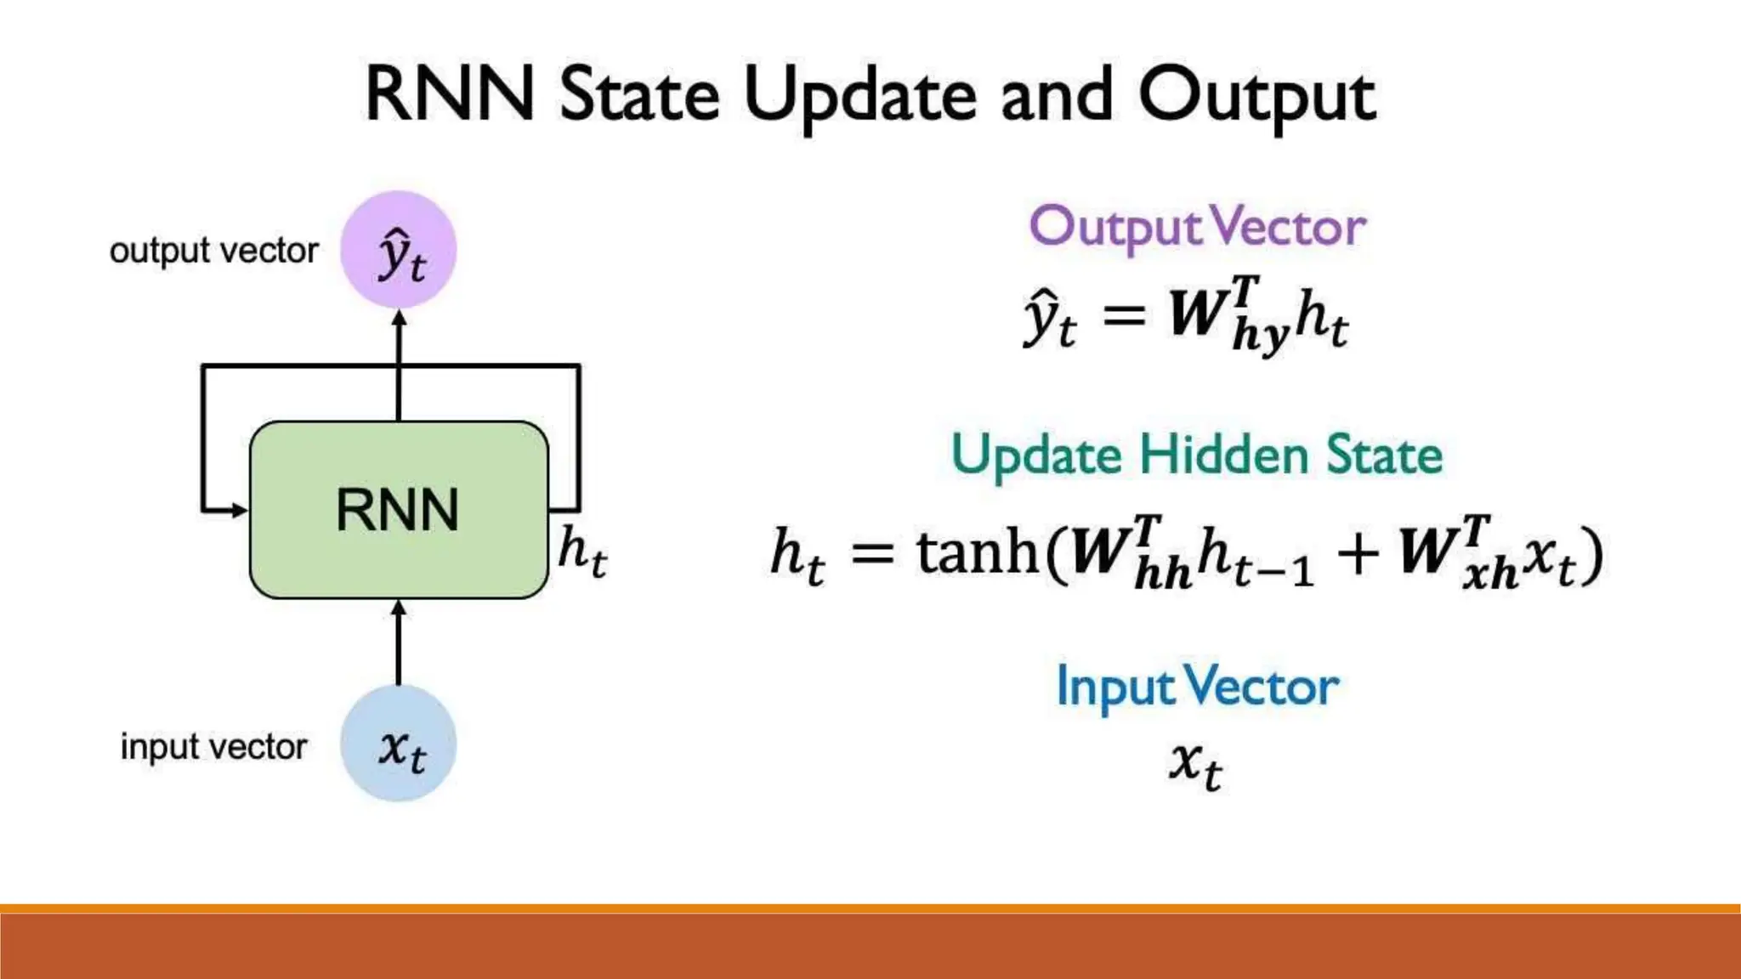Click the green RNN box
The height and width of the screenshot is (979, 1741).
[x=398, y=510]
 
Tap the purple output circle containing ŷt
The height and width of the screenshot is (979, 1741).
[x=399, y=250]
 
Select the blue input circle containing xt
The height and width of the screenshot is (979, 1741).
[x=399, y=744]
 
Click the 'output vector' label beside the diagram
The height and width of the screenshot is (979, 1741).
[x=213, y=251]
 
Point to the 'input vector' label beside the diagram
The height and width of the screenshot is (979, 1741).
[x=213, y=747]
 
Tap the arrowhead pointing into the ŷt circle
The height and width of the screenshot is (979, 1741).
[x=399, y=319]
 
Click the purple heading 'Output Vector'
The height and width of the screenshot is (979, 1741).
[x=1197, y=228]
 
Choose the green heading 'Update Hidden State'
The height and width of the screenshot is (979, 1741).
[x=1197, y=456]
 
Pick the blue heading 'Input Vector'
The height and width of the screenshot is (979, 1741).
[x=1197, y=687]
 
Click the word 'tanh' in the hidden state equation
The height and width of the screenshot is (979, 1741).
[x=978, y=552]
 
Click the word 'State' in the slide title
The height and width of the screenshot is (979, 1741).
[x=639, y=95]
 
